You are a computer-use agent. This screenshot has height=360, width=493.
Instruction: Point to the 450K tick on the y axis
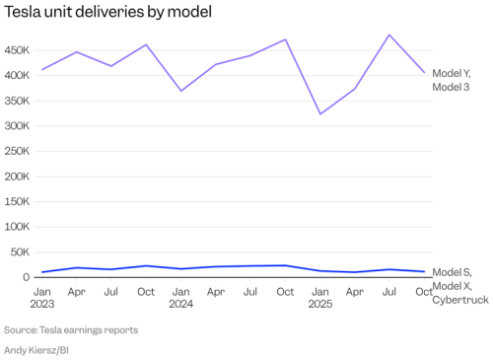point(19,50)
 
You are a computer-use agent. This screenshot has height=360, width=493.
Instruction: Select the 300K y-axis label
point(19,126)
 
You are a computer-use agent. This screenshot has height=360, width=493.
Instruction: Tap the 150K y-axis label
point(19,202)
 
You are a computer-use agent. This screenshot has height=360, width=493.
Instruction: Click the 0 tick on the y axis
point(28,277)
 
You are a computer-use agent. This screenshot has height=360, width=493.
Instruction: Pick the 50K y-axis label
point(22,252)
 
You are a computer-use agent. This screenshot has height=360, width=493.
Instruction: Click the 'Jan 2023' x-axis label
point(42,298)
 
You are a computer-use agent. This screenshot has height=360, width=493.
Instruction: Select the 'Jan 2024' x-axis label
point(181,298)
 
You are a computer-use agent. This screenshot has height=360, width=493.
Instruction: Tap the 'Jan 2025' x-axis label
point(319,298)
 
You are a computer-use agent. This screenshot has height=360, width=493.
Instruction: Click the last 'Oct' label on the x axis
point(424,292)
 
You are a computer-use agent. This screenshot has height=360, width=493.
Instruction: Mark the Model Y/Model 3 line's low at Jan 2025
point(320,113)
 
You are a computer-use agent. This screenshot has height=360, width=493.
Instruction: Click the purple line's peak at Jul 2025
point(389,35)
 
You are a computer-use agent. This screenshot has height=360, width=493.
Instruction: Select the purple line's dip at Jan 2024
point(181,91)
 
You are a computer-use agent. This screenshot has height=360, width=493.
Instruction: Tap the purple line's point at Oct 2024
point(286,39)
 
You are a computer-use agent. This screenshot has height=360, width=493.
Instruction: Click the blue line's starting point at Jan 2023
point(42,272)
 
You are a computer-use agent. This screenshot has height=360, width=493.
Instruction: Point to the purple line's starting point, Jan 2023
point(42,69)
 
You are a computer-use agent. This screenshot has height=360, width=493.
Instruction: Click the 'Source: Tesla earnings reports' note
point(71,329)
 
